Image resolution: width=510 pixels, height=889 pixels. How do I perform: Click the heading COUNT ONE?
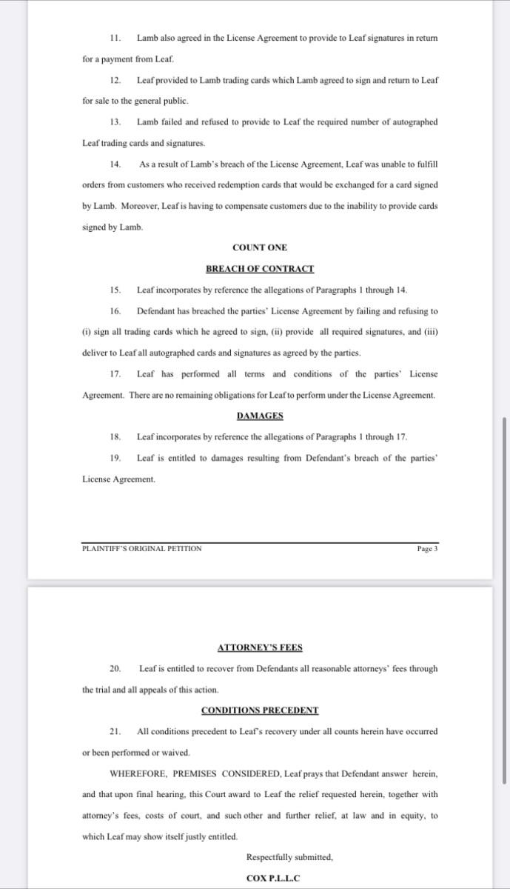pos(259,247)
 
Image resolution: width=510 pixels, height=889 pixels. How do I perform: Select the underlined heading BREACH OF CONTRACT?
pos(259,269)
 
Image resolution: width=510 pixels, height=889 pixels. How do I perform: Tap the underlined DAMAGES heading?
pos(259,416)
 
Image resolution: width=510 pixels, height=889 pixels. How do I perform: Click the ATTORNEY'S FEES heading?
pos(260,647)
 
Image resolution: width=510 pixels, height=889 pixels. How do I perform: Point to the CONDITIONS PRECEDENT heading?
pos(260,710)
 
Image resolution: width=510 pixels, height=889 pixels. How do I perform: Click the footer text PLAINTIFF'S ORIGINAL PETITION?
pos(141,549)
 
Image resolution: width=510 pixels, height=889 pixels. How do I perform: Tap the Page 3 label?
pos(428,549)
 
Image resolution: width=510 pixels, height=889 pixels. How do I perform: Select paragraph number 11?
pos(115,38)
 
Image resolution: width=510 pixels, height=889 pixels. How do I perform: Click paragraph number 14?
pos(115,164)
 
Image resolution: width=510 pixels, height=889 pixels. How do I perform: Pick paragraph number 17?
pos(115,374)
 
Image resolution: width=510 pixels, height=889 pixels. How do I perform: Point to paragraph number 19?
pos(115,458)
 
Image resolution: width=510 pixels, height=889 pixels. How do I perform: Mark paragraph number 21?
pos(115,731)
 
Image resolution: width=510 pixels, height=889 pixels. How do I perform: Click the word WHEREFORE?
pos(138,773)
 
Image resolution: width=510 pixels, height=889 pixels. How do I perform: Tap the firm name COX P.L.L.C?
pos(272,879)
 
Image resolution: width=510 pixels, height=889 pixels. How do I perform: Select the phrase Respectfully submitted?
pos(289,858)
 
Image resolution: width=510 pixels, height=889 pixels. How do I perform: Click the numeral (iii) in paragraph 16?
pos(430,332)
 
